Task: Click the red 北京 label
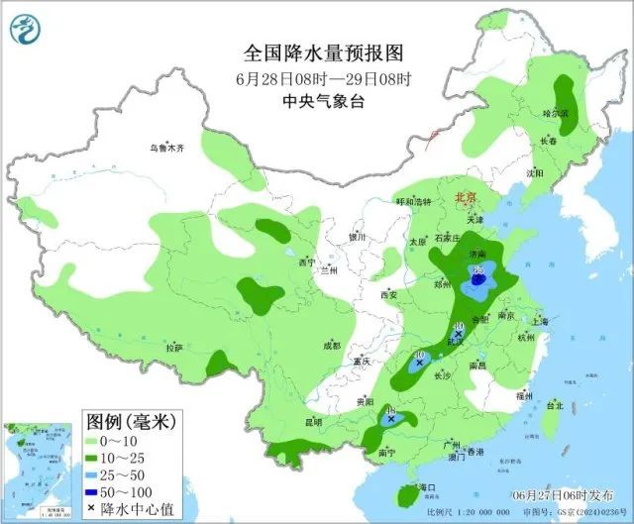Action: pyautogui.click(x=466, y=198)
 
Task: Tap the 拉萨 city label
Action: pyautogui.click(x=174, y=348)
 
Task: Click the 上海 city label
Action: pyautogui.click(x=540, y=321)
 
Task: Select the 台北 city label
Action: pyautogui.click(x=554, y=405)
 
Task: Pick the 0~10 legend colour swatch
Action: pyautogui.click(x=95, y=441)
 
